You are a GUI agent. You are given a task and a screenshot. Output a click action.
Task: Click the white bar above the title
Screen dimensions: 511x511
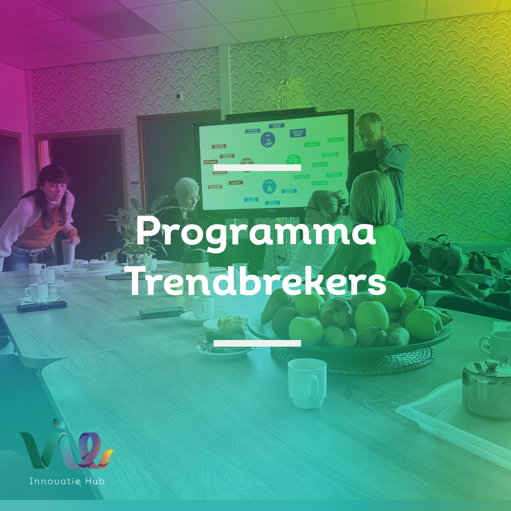[257, 167]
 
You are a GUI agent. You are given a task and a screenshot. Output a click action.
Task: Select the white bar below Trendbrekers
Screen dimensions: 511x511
[257, 343]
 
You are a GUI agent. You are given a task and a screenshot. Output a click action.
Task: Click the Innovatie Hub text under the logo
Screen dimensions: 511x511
[67, 481]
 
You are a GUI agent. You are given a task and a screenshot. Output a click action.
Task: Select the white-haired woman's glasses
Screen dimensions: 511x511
[192, 198]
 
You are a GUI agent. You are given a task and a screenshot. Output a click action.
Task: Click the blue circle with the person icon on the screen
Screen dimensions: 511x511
[269, 187]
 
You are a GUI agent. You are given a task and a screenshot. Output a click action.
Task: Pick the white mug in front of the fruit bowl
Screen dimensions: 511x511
[307, 382]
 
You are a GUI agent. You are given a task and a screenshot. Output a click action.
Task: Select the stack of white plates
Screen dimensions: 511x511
[102, 264]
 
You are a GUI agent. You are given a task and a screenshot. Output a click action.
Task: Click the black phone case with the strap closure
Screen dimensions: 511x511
[42, 306]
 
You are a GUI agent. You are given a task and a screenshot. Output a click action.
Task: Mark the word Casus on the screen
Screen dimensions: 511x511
[269, 162]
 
